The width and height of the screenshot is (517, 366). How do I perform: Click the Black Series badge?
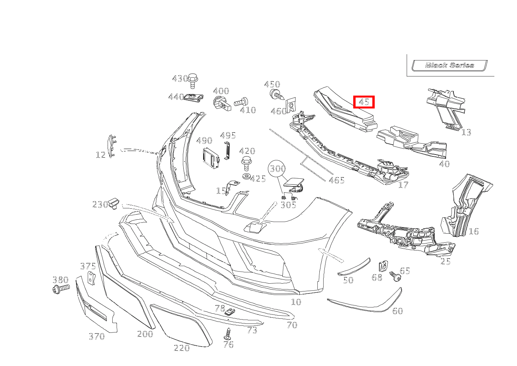(450, 65)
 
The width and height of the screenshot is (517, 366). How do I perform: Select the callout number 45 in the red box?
(364, 102)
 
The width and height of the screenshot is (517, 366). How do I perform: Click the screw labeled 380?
(61, 289)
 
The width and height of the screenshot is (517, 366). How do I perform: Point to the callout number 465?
(336, 180)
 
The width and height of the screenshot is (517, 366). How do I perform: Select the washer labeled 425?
(246, 176)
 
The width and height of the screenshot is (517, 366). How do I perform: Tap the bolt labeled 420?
(246, 164)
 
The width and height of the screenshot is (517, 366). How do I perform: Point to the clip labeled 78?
(229, 312)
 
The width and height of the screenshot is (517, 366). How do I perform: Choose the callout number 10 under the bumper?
(296, 302)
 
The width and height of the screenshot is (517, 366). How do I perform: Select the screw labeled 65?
(395, 276)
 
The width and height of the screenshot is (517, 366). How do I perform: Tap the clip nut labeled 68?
(383, 266)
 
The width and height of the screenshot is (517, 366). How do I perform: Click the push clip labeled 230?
(114, 203)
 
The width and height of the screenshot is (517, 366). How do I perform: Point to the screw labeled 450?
(277, 95)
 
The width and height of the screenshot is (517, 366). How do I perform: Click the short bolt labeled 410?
(241, 102)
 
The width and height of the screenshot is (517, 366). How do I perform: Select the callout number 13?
(466, 133)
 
